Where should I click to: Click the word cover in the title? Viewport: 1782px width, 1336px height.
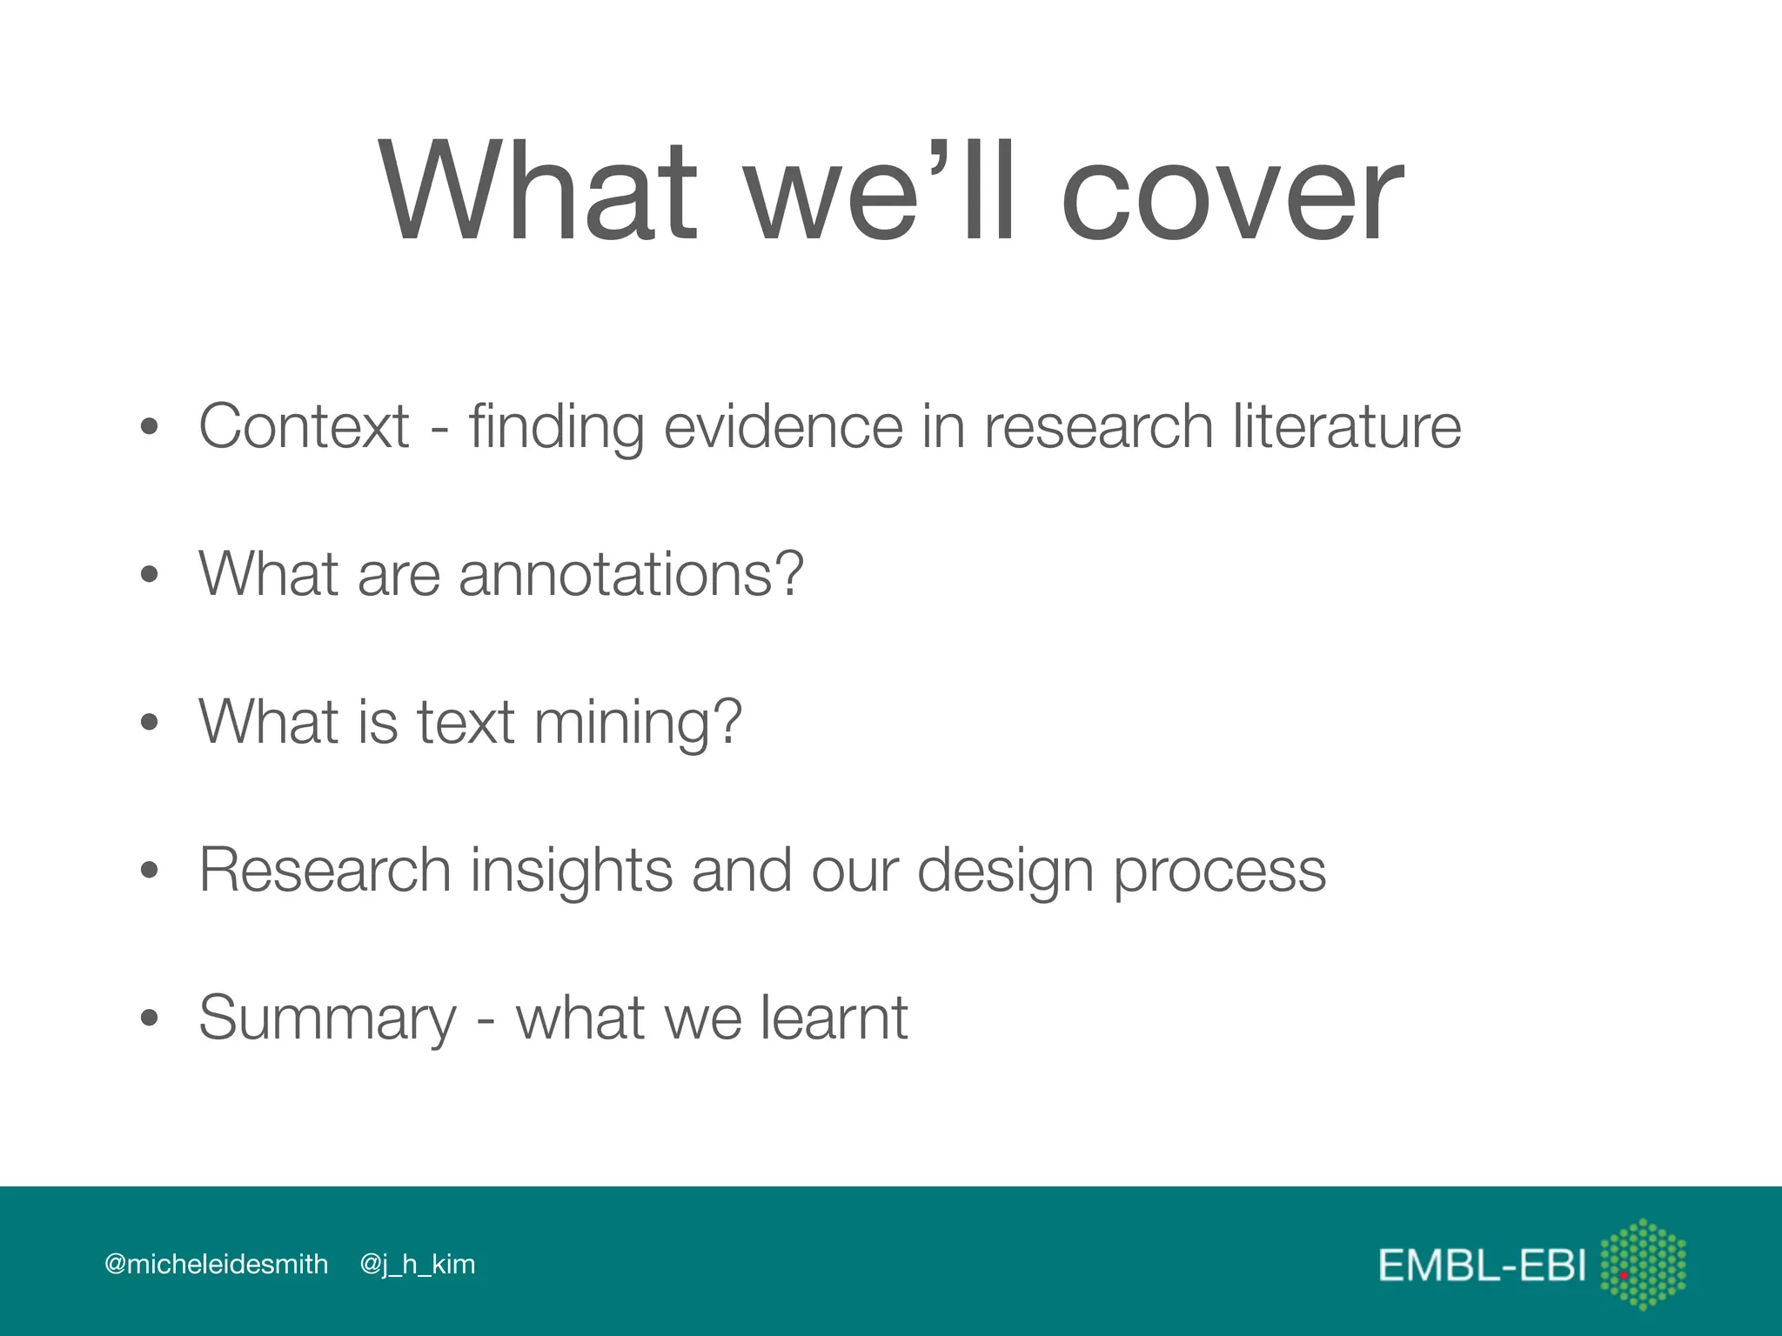point(1231,194)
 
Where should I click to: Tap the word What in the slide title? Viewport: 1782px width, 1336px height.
point(539,194)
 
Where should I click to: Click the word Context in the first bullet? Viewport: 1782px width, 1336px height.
point(304,426)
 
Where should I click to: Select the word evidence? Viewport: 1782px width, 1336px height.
point(783,426)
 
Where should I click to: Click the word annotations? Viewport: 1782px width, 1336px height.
point(631,574)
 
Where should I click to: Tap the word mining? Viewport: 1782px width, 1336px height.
point(638,723)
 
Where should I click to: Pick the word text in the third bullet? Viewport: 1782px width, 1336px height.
point(466,722)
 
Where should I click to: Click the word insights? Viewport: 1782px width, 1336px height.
point(572,870)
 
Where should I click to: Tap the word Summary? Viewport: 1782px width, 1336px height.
point(327,1019)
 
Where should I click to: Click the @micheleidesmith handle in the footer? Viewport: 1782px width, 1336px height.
point(216,1264)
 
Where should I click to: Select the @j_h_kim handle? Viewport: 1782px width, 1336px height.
point(418,1265)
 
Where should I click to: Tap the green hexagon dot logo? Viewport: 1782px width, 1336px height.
point(1643,1264)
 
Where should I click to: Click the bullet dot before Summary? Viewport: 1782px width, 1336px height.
point(150,1019)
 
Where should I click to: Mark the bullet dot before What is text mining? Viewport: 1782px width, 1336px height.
point(150,723)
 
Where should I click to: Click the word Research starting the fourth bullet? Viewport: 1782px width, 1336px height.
point(325,870)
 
